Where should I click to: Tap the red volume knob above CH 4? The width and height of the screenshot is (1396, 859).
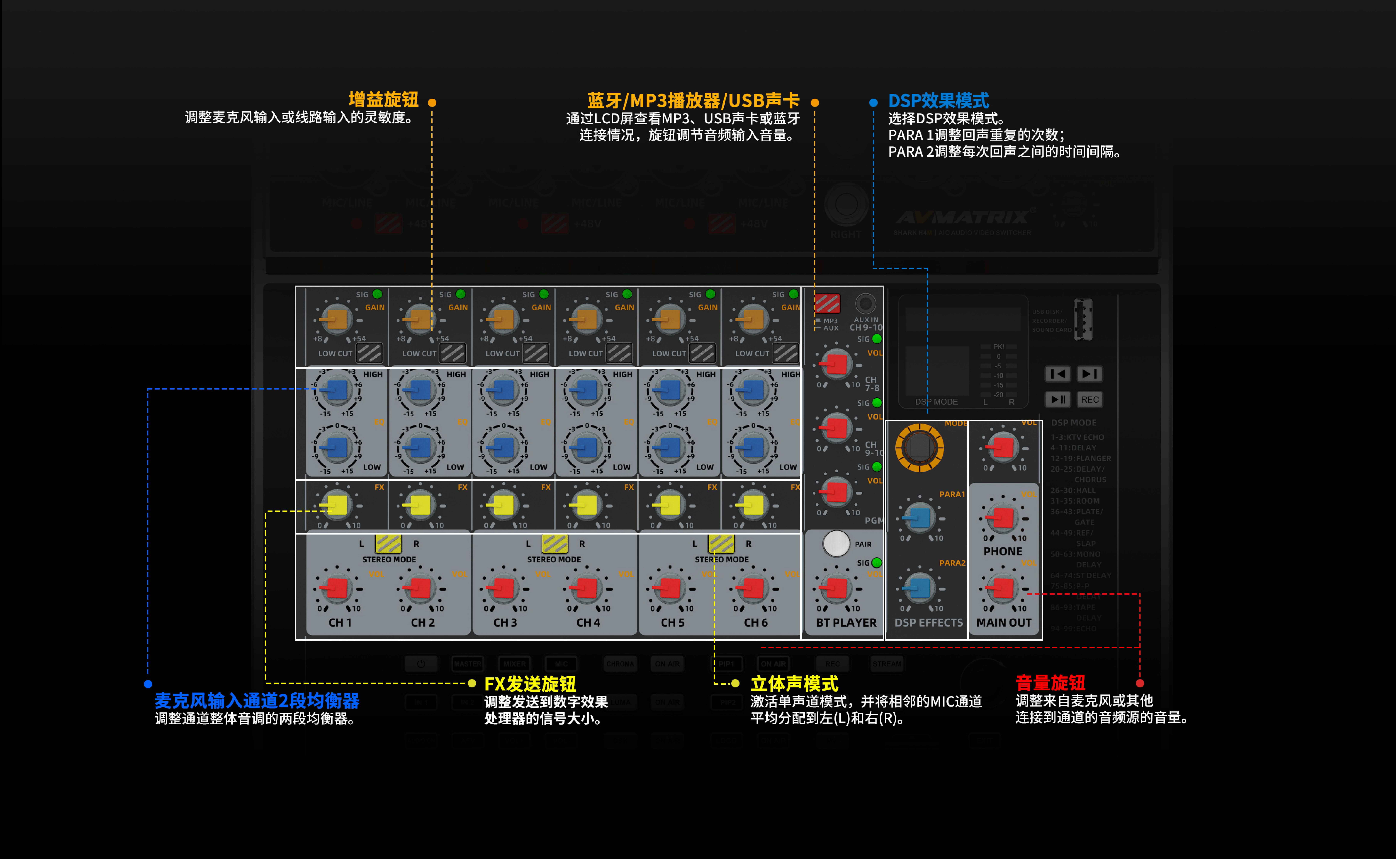tap(586, 588)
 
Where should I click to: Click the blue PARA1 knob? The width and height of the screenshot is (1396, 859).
tap(919, 518)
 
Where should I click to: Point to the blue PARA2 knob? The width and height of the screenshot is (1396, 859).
tap(919, 587)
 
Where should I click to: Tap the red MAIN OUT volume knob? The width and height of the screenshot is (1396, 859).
tap(1003, 588)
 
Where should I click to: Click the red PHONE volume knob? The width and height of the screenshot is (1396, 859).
tap(1003, 518)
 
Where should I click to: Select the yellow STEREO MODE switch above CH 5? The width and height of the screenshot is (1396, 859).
tap(721, 543)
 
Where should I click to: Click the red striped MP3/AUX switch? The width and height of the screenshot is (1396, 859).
tap(827, 303)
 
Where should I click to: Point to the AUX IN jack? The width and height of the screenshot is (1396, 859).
tap(865, 303)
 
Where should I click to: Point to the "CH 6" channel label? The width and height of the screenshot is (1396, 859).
tap(755, 623)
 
